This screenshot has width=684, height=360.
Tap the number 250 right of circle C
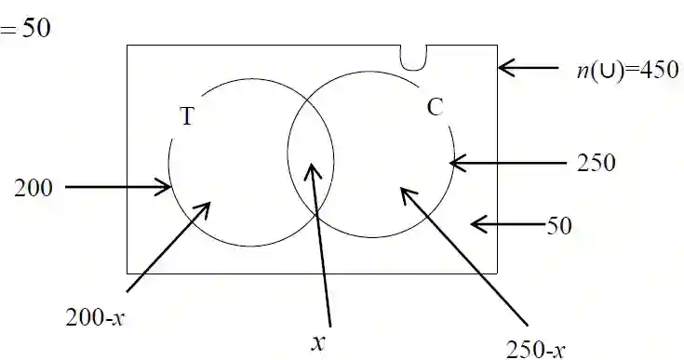pos(596,163)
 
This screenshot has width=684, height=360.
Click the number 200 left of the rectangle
pos(34,188)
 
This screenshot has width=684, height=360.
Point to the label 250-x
pos(535,349)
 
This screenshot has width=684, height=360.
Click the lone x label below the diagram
pos(318,341)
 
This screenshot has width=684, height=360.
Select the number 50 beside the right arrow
pos(558,224)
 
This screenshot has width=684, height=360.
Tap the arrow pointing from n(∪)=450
pos(530,67)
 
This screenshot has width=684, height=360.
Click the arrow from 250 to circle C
pos(507,163)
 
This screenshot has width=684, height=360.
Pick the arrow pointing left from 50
pos(507,223)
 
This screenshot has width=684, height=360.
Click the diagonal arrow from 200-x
pos(168,246)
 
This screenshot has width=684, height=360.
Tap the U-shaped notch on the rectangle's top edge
pos(414,57)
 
